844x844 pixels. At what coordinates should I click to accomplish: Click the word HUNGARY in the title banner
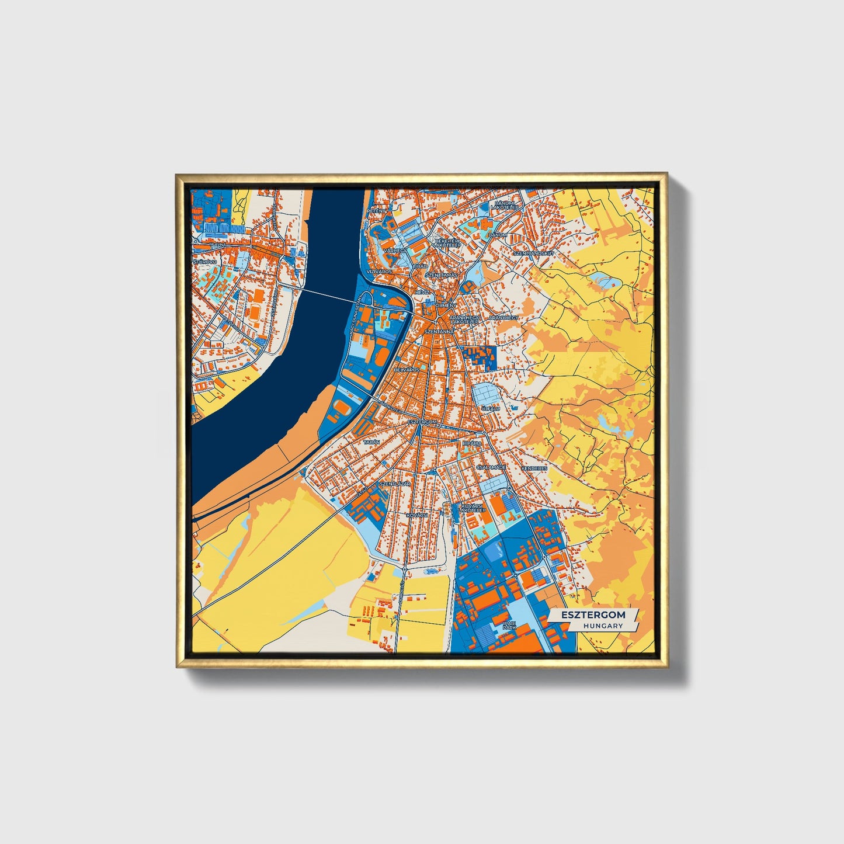[603, 626]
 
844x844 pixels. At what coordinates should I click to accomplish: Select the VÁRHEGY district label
[394, 250]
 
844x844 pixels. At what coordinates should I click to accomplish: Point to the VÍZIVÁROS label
[379, 272]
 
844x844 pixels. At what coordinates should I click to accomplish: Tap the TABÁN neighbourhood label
[371, 443]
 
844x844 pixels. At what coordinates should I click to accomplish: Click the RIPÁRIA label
[472, 443]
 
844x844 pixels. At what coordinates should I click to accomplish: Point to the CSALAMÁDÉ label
[491, 468]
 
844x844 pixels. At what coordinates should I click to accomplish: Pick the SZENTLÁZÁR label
[395, 484]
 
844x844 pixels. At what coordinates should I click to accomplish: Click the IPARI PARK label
[509, 627]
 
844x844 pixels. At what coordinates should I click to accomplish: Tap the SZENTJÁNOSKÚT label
[533, 253]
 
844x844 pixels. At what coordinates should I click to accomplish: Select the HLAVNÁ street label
[218, 245]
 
